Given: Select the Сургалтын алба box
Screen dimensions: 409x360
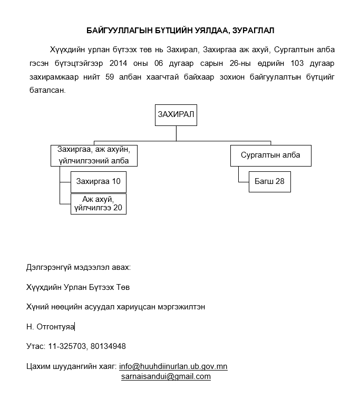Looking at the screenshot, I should coord(270,155).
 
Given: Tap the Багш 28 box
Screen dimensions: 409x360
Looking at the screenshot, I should coord(269,181).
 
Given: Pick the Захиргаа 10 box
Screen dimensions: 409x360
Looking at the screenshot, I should coord(99,181).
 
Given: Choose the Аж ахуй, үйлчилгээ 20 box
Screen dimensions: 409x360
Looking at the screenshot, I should coord(99,203).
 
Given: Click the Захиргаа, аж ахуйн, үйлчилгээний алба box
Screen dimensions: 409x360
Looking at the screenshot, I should coord(94,155).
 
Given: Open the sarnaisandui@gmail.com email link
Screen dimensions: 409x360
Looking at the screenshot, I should coord(166,376).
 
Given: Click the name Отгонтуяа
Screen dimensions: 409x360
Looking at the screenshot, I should coord(55,327).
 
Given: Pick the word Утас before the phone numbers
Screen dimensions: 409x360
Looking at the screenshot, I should coord(35,346).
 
